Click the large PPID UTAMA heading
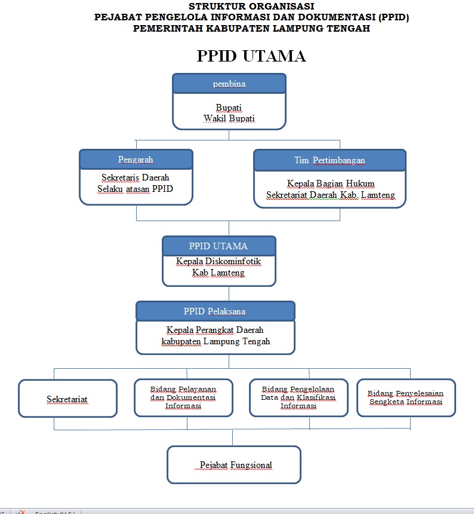251,56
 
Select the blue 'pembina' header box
229,84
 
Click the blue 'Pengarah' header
136,160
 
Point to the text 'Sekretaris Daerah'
135,178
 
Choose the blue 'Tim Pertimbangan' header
330,160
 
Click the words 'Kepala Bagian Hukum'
329,183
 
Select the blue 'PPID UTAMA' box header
218,246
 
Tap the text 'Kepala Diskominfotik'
218,261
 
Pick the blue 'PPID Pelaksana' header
215,311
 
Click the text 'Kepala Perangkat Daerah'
215,330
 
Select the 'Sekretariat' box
67,399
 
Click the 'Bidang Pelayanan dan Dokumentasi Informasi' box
183,397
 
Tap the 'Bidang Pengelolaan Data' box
298,397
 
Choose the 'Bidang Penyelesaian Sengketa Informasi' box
405,397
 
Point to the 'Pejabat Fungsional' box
233,464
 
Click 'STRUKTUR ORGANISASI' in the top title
251,6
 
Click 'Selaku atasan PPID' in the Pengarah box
136,189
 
